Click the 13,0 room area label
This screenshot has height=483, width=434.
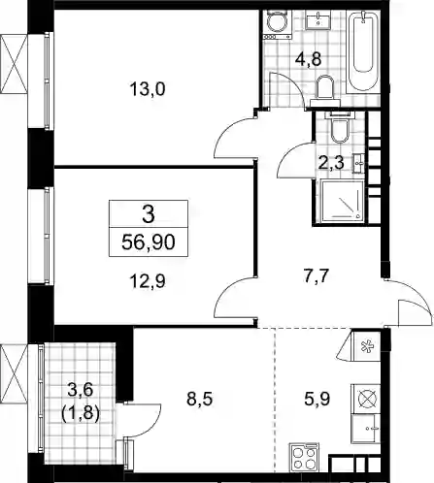(x=148, y=89)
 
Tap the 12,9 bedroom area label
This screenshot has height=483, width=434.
(x=148, y=281)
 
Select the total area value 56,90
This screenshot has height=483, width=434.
(x=149, y=242)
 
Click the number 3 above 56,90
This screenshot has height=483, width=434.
(x=149, y=214)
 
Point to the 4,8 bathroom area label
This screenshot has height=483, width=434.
(x=308, y=59)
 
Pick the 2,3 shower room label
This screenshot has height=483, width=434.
(x=331, y=163)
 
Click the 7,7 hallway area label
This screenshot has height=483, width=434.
(x=317, y=276)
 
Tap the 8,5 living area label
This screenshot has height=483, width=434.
(x=199, y=399)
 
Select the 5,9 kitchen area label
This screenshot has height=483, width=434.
(x=317, y=399)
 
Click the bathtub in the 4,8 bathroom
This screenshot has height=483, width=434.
(x=362, y=50)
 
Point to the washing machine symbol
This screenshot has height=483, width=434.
(x=278, y=24)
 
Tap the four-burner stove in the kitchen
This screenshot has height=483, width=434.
(x=305, y=457)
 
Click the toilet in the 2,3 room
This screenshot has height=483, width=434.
(x=340, y=128)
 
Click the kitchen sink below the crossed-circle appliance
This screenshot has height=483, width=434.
(x=366, y=429)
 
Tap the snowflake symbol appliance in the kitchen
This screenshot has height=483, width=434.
(x=366, y=346)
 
